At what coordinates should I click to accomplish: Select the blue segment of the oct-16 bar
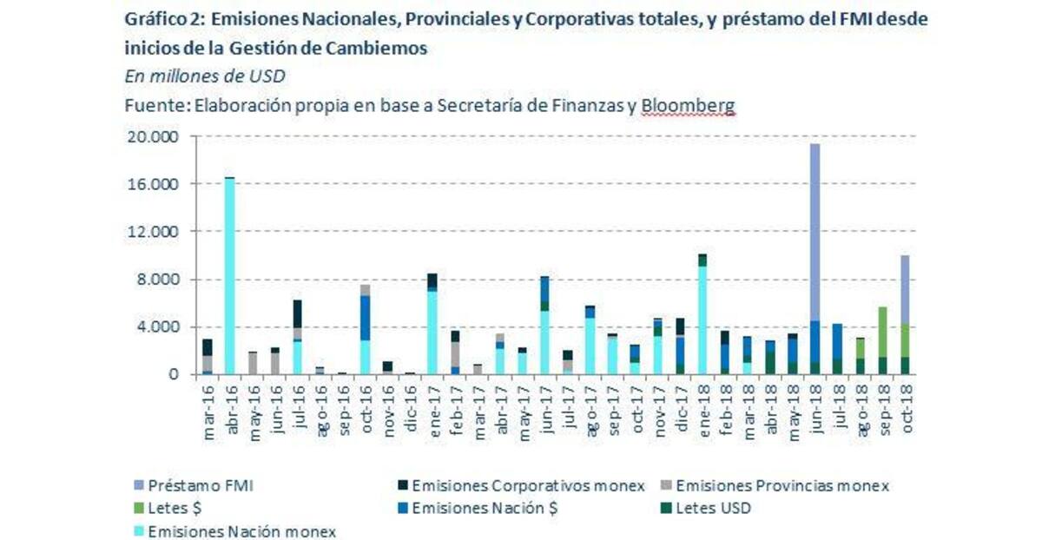(x=365, y=318)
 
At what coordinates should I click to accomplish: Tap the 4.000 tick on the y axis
(x=157, y=327)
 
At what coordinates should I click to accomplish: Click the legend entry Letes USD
(x=712, y=509)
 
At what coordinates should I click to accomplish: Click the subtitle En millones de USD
(x=205, y=76)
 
